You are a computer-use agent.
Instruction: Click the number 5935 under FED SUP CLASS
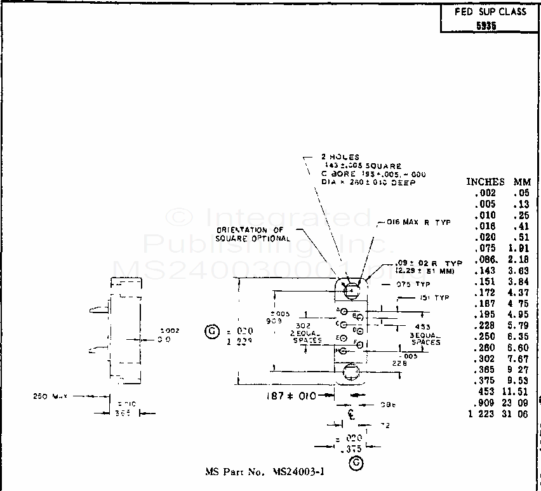(x=486, y=27)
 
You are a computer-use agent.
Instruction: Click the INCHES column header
(x=486, y=182)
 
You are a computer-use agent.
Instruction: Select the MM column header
(x=522, y=182)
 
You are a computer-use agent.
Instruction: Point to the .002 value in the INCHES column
(x=486, y=193)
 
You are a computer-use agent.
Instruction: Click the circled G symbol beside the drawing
(x=211, y=332)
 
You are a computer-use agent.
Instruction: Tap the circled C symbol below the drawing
(x=356, y=464)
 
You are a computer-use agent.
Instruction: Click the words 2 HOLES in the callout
(x=340, y=157)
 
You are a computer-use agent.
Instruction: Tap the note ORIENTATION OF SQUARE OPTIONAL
(x=253, y=234)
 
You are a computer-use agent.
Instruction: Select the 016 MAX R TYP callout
(x=418, y=223)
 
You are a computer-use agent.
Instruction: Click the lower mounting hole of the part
(x=351, y=372)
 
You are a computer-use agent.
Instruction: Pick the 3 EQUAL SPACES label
(x=425, y=338)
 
